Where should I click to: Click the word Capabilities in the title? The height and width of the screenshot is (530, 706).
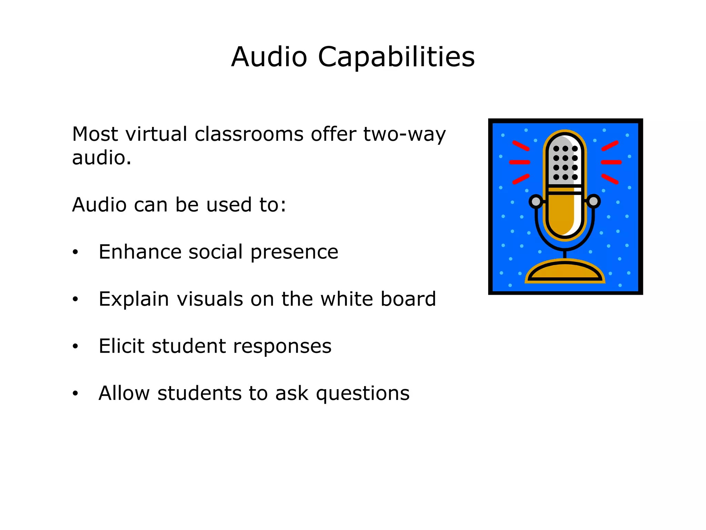pos(396,57)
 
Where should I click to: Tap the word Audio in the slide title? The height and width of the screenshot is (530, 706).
pos(269,57)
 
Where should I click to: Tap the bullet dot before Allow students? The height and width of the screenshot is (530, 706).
pos(75,393)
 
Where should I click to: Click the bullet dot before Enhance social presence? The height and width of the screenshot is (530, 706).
pos(75,252)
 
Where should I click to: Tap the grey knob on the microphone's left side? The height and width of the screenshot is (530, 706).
pos(536,201)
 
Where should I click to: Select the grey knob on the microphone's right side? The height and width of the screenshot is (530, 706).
pos(593,201)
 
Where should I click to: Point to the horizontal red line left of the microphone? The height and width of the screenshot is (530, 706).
pos(520,162)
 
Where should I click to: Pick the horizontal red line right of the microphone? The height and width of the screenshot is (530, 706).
pos(611,162)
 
